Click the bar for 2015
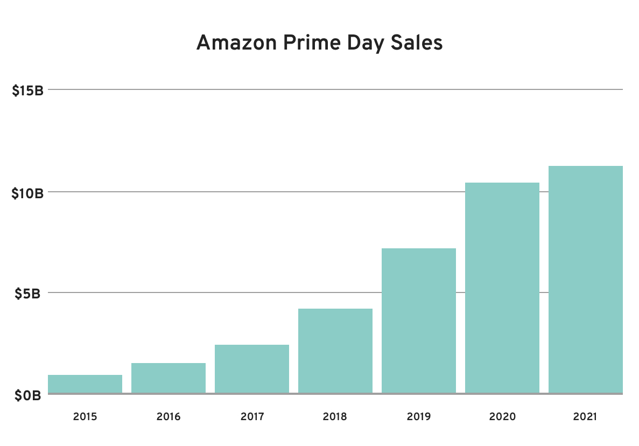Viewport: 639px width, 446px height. (x=85, y=384)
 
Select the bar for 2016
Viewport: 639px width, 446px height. (x=168, y=378)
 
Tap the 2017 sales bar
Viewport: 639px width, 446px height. (x=252, y=369)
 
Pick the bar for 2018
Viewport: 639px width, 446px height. (x=335, y=351)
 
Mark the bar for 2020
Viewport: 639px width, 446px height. (x=502, y=288)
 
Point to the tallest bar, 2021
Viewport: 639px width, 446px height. (x=586, y=280)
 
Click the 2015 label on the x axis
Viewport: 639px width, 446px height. (x=85, y=416)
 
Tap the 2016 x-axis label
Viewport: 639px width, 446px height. (x=168, y=416)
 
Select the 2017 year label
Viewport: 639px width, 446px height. (x=252, y=416)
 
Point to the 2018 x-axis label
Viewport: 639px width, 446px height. (x=335, y=416)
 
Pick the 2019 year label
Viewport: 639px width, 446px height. (x=419, y=416)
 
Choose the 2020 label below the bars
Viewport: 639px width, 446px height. (x=502, y=416)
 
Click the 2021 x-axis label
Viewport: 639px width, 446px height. (x=586, y=416)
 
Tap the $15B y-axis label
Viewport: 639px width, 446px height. (x=27, y=90)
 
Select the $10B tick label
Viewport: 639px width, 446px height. (x=27, y=192)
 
